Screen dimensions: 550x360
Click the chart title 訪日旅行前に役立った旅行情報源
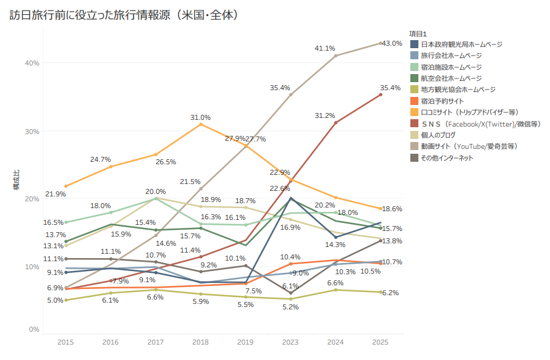tap(90, 15)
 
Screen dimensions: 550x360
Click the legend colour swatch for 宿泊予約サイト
tap(414, 101)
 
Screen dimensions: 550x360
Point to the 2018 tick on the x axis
tap(200, 342)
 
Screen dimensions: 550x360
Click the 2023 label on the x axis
tap(290, 342)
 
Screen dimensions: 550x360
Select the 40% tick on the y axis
tap(32, 63)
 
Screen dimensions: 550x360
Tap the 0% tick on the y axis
tap(34, 329)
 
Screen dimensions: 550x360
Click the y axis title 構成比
tap(17, 180)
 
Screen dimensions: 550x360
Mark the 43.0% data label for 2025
tap(392, 43)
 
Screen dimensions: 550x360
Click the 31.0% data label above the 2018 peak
tap(200, 117)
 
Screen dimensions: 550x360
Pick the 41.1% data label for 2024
tap(325, 48)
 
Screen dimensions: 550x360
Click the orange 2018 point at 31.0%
tap(201, 125)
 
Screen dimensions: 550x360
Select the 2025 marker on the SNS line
tap(381, 94)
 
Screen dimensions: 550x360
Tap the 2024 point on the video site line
tap(336, 56)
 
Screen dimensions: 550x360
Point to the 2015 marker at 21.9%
tap(66, 186)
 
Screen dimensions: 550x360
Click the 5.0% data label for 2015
tap(55, 300)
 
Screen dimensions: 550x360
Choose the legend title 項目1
tap(418, 33)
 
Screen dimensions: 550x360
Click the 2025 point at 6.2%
tap(381, 292)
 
